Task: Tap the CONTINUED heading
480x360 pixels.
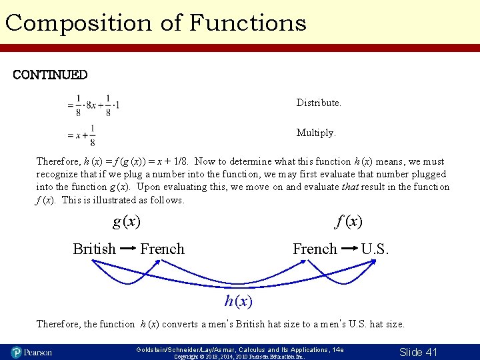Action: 50,75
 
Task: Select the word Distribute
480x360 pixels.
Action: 319,103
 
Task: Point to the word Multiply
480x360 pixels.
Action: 316,133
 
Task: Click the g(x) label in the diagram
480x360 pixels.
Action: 127,221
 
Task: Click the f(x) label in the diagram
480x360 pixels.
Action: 349,221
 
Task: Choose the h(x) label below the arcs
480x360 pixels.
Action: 239,301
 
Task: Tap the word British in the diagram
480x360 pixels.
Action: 94,249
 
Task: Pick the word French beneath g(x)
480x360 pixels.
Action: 162,249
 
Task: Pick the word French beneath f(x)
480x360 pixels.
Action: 315,249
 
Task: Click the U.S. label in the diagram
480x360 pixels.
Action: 375,249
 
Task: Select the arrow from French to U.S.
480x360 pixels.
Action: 349,249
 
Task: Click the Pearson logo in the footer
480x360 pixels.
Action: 31,351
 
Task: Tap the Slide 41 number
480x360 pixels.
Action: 418,351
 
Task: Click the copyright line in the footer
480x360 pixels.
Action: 238,357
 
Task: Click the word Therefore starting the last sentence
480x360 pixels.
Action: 59,324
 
